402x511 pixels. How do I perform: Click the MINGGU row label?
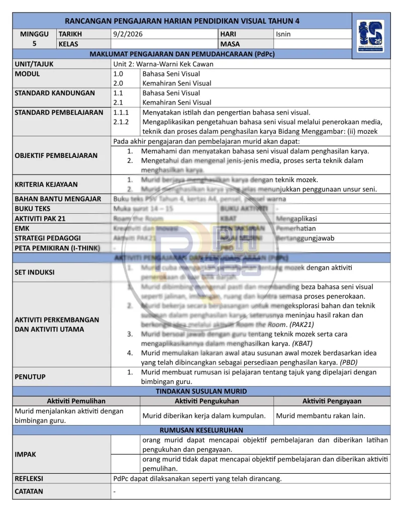coord(34,34)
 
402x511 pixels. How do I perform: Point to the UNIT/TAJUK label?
coord(34,64)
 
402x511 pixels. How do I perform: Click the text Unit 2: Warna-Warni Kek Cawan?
coord(163,64)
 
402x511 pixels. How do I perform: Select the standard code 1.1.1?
coord(121,112)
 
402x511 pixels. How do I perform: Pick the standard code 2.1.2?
coord(121,122)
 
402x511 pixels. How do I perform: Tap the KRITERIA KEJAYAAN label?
coord(46,185)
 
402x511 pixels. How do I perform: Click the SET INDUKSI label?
coord(35,272)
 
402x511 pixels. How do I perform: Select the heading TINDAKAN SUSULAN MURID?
coord(201,391)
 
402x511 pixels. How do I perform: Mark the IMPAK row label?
coord(25,454)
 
